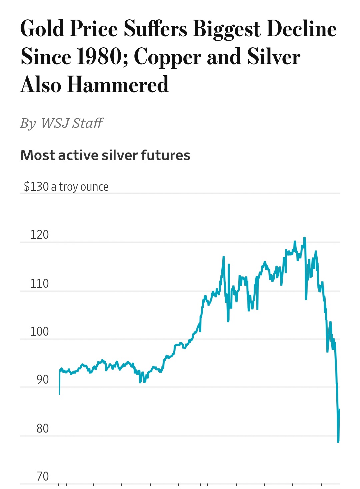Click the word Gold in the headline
(42, 29)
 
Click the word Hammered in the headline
(118, 85)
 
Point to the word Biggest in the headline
(227, 29)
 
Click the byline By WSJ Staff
(62, 123)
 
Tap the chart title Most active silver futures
(105, 155)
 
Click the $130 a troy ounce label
(66, 187)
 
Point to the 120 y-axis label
(39, 235)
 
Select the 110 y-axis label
(39, 284)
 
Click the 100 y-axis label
(39, 332)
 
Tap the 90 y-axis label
(42, 380)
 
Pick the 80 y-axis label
(42, 428)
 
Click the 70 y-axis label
(42, 477)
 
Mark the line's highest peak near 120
(304, 238)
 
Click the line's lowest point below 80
(338, 442)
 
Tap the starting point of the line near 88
(59, 394)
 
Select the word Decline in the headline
(302, 29)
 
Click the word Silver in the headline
(273, 57)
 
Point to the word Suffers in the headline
(155, 29)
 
